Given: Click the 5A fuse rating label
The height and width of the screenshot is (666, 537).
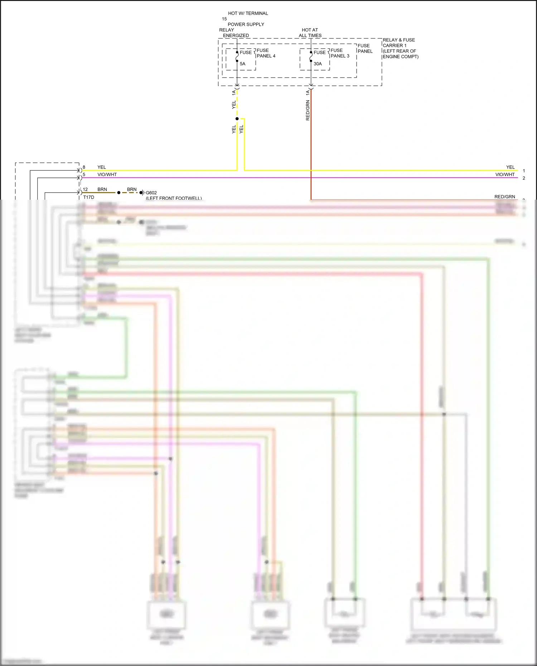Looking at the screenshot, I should point(242,64).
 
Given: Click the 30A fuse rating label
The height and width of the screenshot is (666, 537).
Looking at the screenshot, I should point(318,64).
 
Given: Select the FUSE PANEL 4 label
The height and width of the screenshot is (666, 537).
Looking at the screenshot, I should point(266,53).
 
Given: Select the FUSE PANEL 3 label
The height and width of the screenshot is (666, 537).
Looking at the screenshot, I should point(340,53).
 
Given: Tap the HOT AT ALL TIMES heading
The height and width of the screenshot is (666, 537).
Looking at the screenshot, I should point(310,33).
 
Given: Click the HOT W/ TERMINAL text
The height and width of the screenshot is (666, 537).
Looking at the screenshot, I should point(248,13).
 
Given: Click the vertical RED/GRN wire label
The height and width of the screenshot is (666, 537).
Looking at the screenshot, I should point(308,110).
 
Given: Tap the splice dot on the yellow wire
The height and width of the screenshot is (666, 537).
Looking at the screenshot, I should point(237,118).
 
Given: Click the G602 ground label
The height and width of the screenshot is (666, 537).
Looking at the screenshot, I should point(151,193).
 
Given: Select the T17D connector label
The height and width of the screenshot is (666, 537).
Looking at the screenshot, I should point(88,197).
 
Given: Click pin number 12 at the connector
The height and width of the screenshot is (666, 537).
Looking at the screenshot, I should point(85,189).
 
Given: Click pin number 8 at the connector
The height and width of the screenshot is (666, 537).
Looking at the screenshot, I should point(84,167).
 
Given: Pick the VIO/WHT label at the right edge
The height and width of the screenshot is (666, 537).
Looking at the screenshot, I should point(505,174).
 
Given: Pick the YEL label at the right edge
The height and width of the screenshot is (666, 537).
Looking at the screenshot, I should point(510,167).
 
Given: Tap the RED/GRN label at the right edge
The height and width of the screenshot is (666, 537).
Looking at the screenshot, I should point(504,196).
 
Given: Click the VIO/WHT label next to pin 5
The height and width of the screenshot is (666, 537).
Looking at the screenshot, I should point(107,174).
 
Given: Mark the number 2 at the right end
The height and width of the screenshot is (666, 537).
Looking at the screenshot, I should point(524,178).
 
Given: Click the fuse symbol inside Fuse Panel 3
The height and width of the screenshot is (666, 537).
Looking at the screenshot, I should point(311,57).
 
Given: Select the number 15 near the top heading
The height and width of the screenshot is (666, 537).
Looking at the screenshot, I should point(224,19).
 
